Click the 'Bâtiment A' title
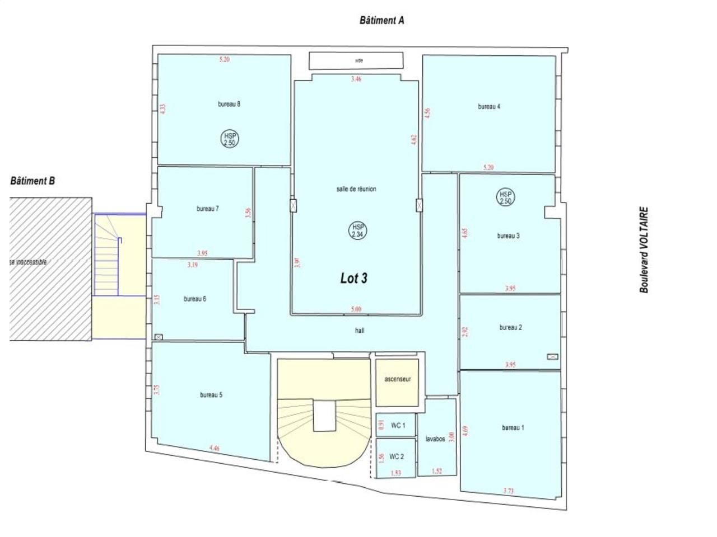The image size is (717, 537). [381, 21]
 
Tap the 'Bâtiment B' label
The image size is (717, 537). [32, 181]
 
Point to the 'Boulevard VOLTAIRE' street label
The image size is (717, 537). [644, 250]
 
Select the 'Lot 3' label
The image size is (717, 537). [353, 278]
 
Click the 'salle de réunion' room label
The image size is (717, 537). [356, 189]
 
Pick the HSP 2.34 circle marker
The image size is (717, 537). [356, 230]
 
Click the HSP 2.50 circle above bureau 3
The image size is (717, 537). [505, 197]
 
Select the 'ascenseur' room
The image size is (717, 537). [397, 379]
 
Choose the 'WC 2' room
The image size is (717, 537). [396, 456]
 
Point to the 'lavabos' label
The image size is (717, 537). [435, 439]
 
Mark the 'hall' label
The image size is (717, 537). [360, 331]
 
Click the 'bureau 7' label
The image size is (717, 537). [207, 209]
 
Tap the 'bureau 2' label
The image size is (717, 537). [510, 327]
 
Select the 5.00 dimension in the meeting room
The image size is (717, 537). [356, 309]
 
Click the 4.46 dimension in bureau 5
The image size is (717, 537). [215, 447]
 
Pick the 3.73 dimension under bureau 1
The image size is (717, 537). [509, 491]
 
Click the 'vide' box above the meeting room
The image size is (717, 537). [356, 60]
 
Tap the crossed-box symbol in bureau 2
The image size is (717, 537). [552, 356]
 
